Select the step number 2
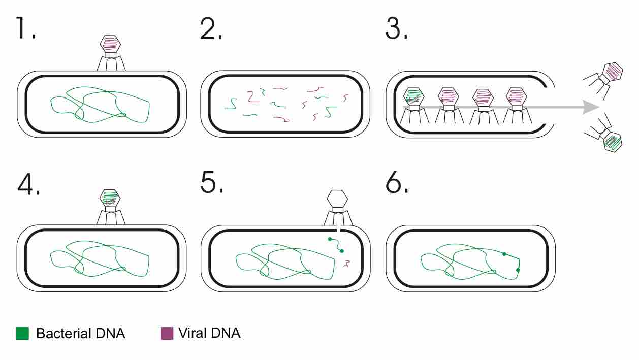pyautogui.click(x=209, y=29)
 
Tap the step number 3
pyautogui.click(x=395, y=29)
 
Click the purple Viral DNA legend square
pyautogui.click(x=167, y=334)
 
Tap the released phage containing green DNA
pyautogui.click(x=613, y=142)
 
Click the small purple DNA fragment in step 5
pyautogui.click(x=348, y=264)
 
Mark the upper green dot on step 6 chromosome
pyautogui.click(x=504, y=253)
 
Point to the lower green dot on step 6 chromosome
pyautogui.click(x=518, y=270)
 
